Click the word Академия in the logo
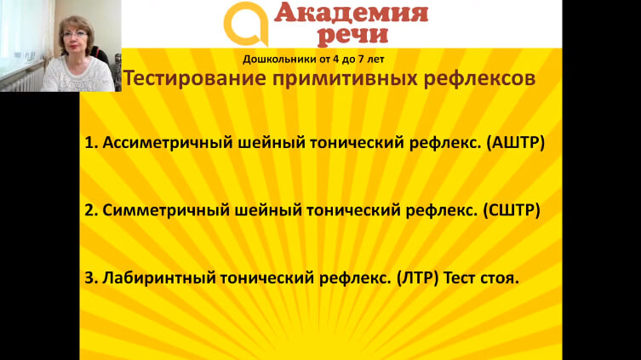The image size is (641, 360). pos(352,13)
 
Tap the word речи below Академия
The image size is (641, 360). pos(352,35)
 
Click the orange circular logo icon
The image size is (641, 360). pos(246,24)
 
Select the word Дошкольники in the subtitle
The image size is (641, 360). pos(279,60)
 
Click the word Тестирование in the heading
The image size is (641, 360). pos(194,78)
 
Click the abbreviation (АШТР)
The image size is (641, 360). pos(516,143)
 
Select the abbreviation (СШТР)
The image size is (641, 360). pos(512,210)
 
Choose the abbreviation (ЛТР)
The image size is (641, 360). pos(417,277)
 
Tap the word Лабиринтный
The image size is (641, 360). pos(159,277)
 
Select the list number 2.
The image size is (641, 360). pos(90,210)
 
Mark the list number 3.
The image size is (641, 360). pos(90,277)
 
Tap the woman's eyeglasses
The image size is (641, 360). pos(75,35)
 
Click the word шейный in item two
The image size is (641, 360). pos(268,210)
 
